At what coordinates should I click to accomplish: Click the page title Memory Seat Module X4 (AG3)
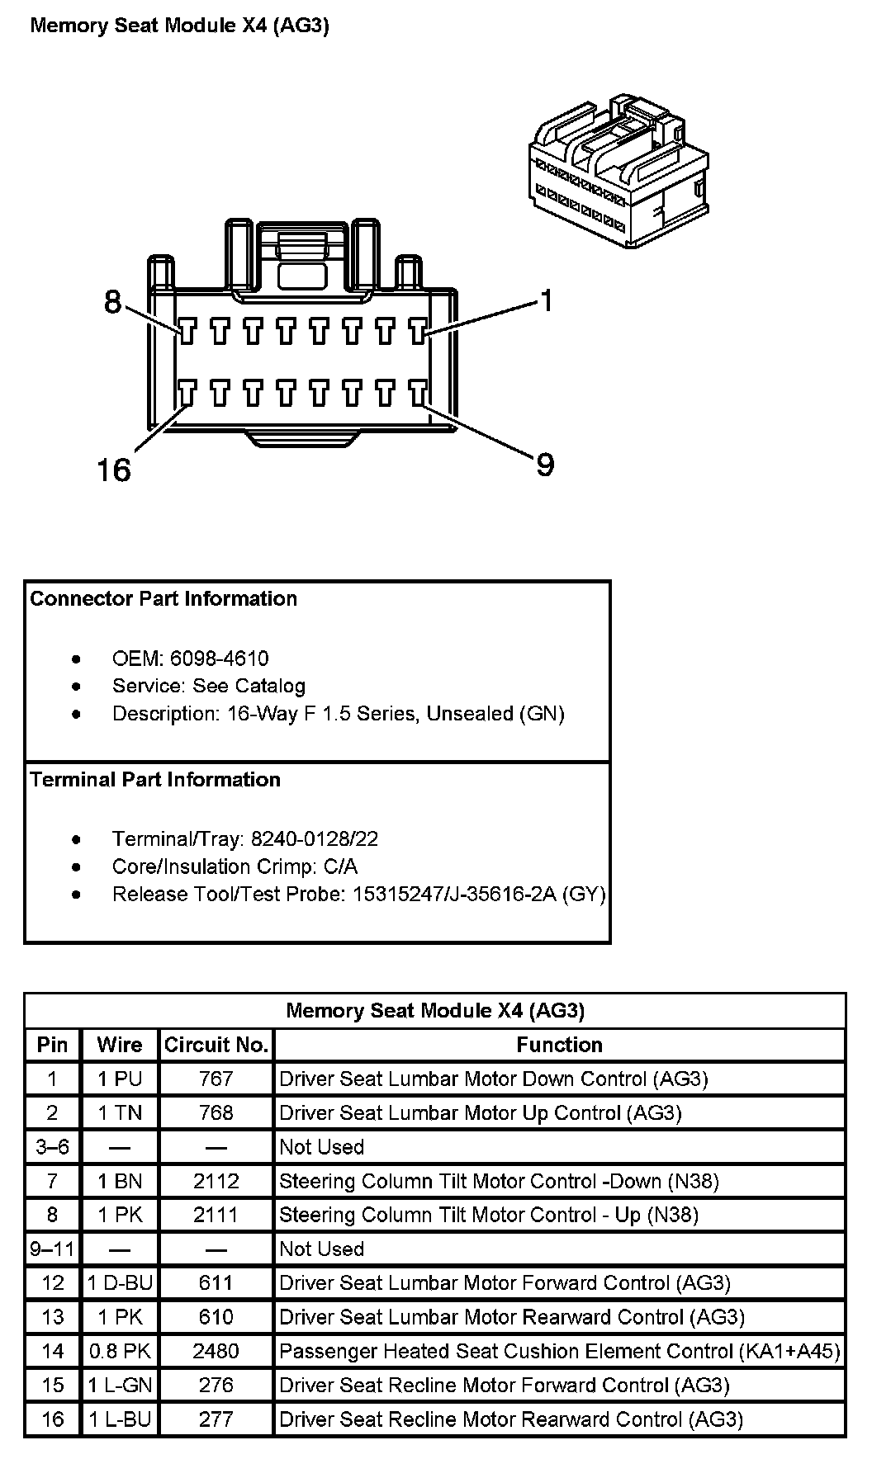pyautogui.click(x=179, y=26)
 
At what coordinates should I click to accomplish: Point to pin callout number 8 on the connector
pyautogui.click(x=112, y=302)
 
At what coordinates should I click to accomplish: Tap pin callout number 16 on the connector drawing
pyautogui.click(x=114, y=470)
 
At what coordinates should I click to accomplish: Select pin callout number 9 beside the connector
pyautogui.click(x=545, y=465)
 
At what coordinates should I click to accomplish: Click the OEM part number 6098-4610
pyautogui.click(x=219, y=659)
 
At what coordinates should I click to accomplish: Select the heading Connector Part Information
pyautogui.click(x=163, y=598)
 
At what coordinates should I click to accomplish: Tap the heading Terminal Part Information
pyautogui.click(x=155, y=780)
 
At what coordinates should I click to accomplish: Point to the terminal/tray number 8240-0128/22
pyautogui.click(x=315, y=839)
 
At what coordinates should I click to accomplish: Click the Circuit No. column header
pyautogui.click(x=216, y=1045)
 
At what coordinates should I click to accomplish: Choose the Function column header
pyautogui.click(x=559, y=1045)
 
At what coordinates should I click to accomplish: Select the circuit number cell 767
pyautogui.click(x=216, y=1079)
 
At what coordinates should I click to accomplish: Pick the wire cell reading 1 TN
pyautogui.click(x=120, y=1113)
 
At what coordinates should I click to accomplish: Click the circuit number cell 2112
pyautogui.click(x=216, y=1181)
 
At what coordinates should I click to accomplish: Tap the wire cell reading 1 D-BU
pyautogui.click(x=120, y=1283)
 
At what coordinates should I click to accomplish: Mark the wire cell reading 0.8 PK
pyautogui.click(x=120, y=1351)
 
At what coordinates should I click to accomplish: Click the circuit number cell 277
pyautogui.click(x=216, y=1419)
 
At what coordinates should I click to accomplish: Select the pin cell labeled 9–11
pyautogui.click(x=52, y=1249)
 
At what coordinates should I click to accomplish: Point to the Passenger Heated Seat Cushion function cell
pyautogui.click(x=559, y=1351)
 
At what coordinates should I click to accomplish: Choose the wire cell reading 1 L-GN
pyautogui.click(x=120, y=1385)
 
